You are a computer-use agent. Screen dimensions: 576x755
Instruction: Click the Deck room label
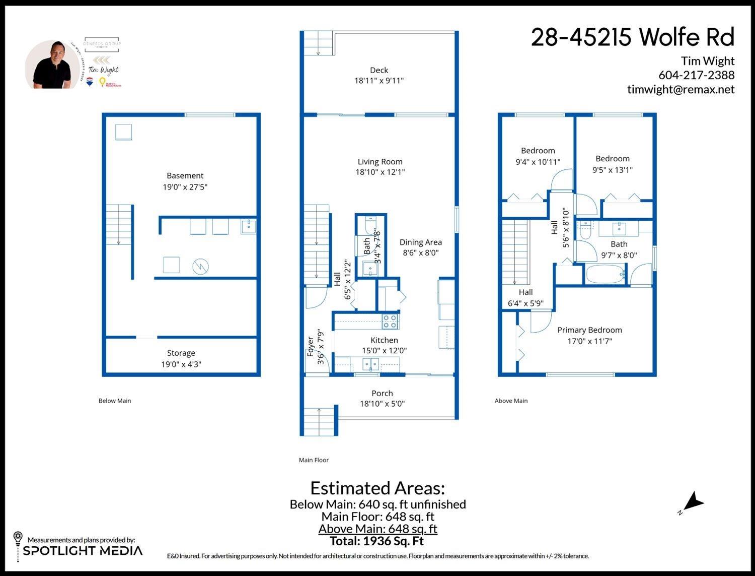pyautogui.click(x=379, y=70)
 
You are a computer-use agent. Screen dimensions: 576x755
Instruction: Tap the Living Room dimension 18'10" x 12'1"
pyautogui.click(x=380, y=172)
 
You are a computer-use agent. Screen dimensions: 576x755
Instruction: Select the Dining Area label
pyautogui.click(x=420, y=242)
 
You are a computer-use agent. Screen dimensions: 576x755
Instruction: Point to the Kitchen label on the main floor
pyautogui.click(x=384, y=340)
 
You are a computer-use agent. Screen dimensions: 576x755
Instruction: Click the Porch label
pyautogui.click(x=382, y=393)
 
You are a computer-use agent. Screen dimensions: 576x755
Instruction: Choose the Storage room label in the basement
pyautogui.click(x=181, y=353)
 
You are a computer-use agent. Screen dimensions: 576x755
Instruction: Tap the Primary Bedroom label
pyautogui.click(x=589, y=330)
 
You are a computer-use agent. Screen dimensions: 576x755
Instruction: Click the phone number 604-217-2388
pyautogui.click(x=696, y=75)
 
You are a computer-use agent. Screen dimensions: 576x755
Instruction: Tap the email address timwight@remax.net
pyautogui.click(x=681, y=89)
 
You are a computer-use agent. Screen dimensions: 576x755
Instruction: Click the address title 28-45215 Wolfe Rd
pyautogui.click(x=632, y=37)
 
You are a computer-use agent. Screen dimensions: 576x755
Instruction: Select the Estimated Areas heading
pyautogui.click(x=377, y=488)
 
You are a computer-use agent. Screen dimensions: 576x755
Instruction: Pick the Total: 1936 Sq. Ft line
pyautogui.click(x=376, y=541)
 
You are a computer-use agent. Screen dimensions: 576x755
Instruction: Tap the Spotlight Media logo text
pyautogui.click(x=83, y=551)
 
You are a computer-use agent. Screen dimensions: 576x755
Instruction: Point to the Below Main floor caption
pyautogui.click(x=115, y=401)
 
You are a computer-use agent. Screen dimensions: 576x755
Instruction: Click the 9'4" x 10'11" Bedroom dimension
pyautogui.click(x=538, y=162)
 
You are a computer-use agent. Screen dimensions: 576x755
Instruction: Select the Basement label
pyautogui.click(x=185, y=175)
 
